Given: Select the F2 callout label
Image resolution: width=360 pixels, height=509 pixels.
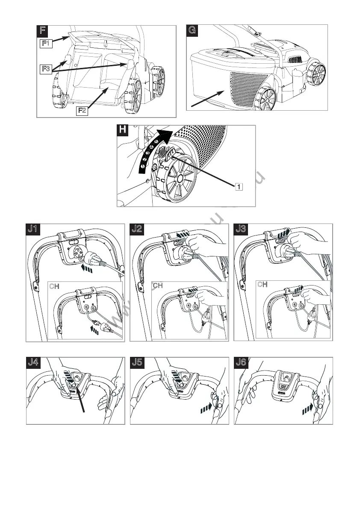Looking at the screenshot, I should click(83, 111).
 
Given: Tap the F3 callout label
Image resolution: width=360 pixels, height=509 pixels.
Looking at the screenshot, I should click(46, 68).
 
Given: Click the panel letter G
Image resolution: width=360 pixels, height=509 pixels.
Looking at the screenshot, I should click(193, 31).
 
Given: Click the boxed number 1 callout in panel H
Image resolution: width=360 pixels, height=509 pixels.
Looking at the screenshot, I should click(239, 186).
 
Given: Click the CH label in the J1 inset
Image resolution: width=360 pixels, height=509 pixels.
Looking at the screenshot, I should click(54, 285).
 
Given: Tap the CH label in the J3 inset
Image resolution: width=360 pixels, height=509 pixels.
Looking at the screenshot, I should click(262, 284).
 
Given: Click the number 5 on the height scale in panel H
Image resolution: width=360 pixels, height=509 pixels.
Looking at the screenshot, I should click(156, 141).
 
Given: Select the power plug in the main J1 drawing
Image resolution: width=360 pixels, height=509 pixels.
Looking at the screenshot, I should click(94, 259).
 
